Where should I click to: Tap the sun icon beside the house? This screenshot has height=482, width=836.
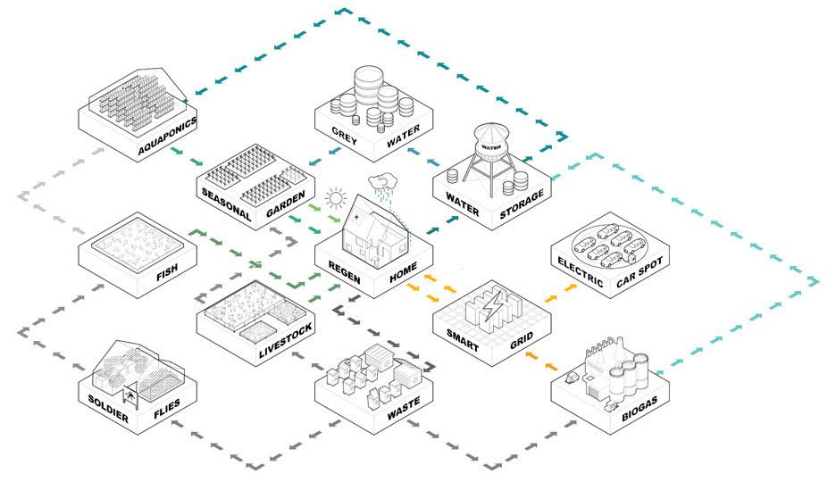point(337,196)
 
